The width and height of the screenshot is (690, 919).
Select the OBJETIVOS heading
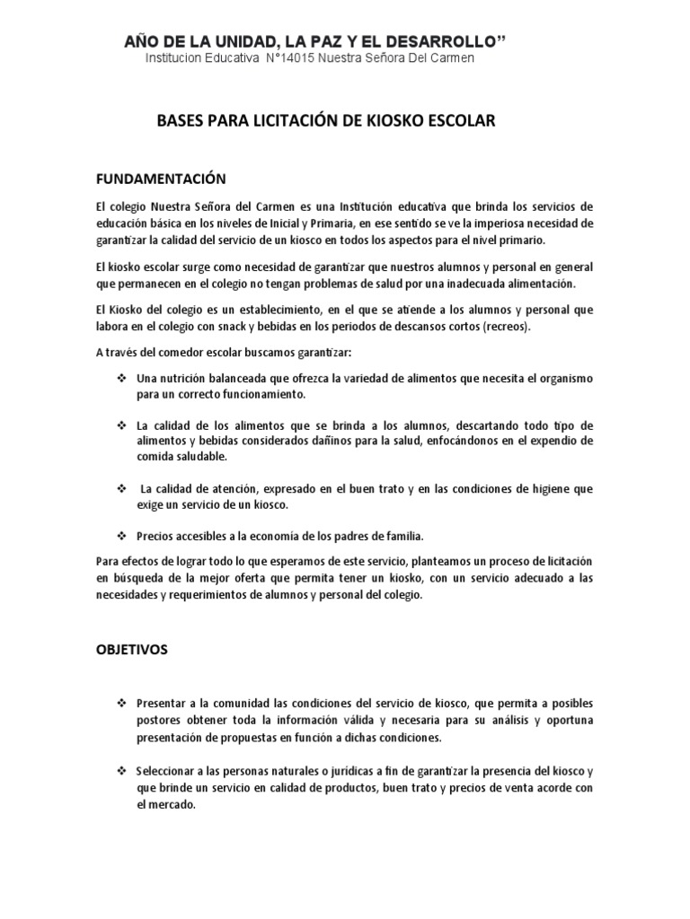pos(131,649)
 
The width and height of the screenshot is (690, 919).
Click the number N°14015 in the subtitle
pos(296,58)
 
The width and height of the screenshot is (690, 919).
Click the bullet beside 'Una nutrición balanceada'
pos(120,378)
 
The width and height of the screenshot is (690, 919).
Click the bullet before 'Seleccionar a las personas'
pos(120,771)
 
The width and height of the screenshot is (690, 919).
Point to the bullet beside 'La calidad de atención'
pos(120,488)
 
